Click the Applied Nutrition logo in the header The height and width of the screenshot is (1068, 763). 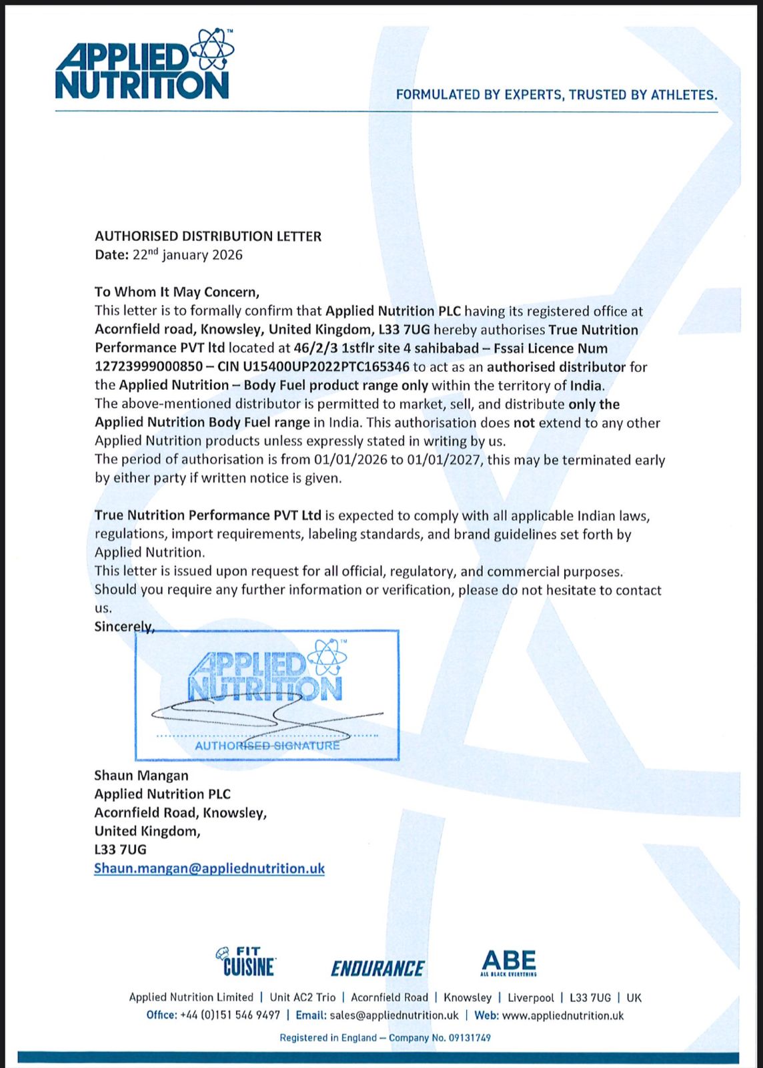[144, 65]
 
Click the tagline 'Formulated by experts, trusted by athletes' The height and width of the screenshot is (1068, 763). [556, 95]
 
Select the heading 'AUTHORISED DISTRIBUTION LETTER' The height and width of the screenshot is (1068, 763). [208, 236]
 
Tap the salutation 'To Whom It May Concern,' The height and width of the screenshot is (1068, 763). [177, 292]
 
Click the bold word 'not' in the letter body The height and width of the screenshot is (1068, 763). [524, 423]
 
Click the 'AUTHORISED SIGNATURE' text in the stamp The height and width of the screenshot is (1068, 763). [267, 746]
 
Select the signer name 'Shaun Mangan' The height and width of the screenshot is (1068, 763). [141, 776]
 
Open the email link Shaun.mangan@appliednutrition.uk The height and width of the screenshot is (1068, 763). [209, 868]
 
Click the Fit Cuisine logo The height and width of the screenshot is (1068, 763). [245, 962]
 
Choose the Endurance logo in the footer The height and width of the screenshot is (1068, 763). [377, 968]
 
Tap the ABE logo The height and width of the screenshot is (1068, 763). [509, 963]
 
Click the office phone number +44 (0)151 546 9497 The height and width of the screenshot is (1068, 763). [230, 1015]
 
